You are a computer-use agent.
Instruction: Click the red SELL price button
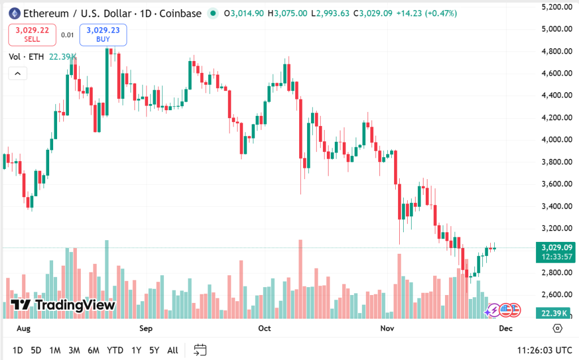pos(32,35)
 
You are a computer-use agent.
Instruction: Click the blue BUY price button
pos(103,35)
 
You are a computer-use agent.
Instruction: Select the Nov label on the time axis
pos(387,328)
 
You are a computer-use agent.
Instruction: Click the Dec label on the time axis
pos(506,328)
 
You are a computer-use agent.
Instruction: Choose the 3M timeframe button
pos(74,350)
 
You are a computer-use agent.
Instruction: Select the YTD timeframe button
pos(115,350)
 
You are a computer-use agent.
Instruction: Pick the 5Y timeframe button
pos(154,350)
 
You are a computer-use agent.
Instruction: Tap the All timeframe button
pos(173,350)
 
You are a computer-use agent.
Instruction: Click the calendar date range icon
pos(200,350)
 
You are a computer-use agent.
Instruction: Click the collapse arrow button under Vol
pos(17,73)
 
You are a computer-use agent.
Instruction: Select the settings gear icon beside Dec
pos(558,328)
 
